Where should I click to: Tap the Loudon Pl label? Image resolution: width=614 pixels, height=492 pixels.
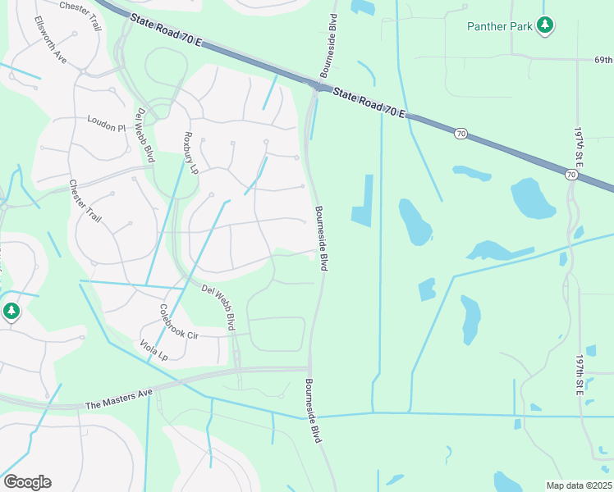[107, 124]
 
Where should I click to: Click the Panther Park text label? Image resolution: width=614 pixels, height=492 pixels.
[499, 26]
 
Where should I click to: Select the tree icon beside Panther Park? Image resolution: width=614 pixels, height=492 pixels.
[544, 25]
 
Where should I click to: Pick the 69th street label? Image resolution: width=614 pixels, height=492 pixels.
[603, 61]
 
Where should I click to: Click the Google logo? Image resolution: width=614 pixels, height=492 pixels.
[27, 481]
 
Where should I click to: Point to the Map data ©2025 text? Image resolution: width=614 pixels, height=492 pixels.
[580, 485]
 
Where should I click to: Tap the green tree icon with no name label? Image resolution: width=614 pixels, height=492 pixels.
[11, 312]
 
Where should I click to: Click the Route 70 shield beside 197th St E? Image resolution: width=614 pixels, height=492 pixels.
[570, 174]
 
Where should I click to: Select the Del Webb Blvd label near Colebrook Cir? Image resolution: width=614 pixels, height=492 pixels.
[221, 303]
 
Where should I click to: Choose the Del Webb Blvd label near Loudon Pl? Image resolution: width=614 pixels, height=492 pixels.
[145, 135]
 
